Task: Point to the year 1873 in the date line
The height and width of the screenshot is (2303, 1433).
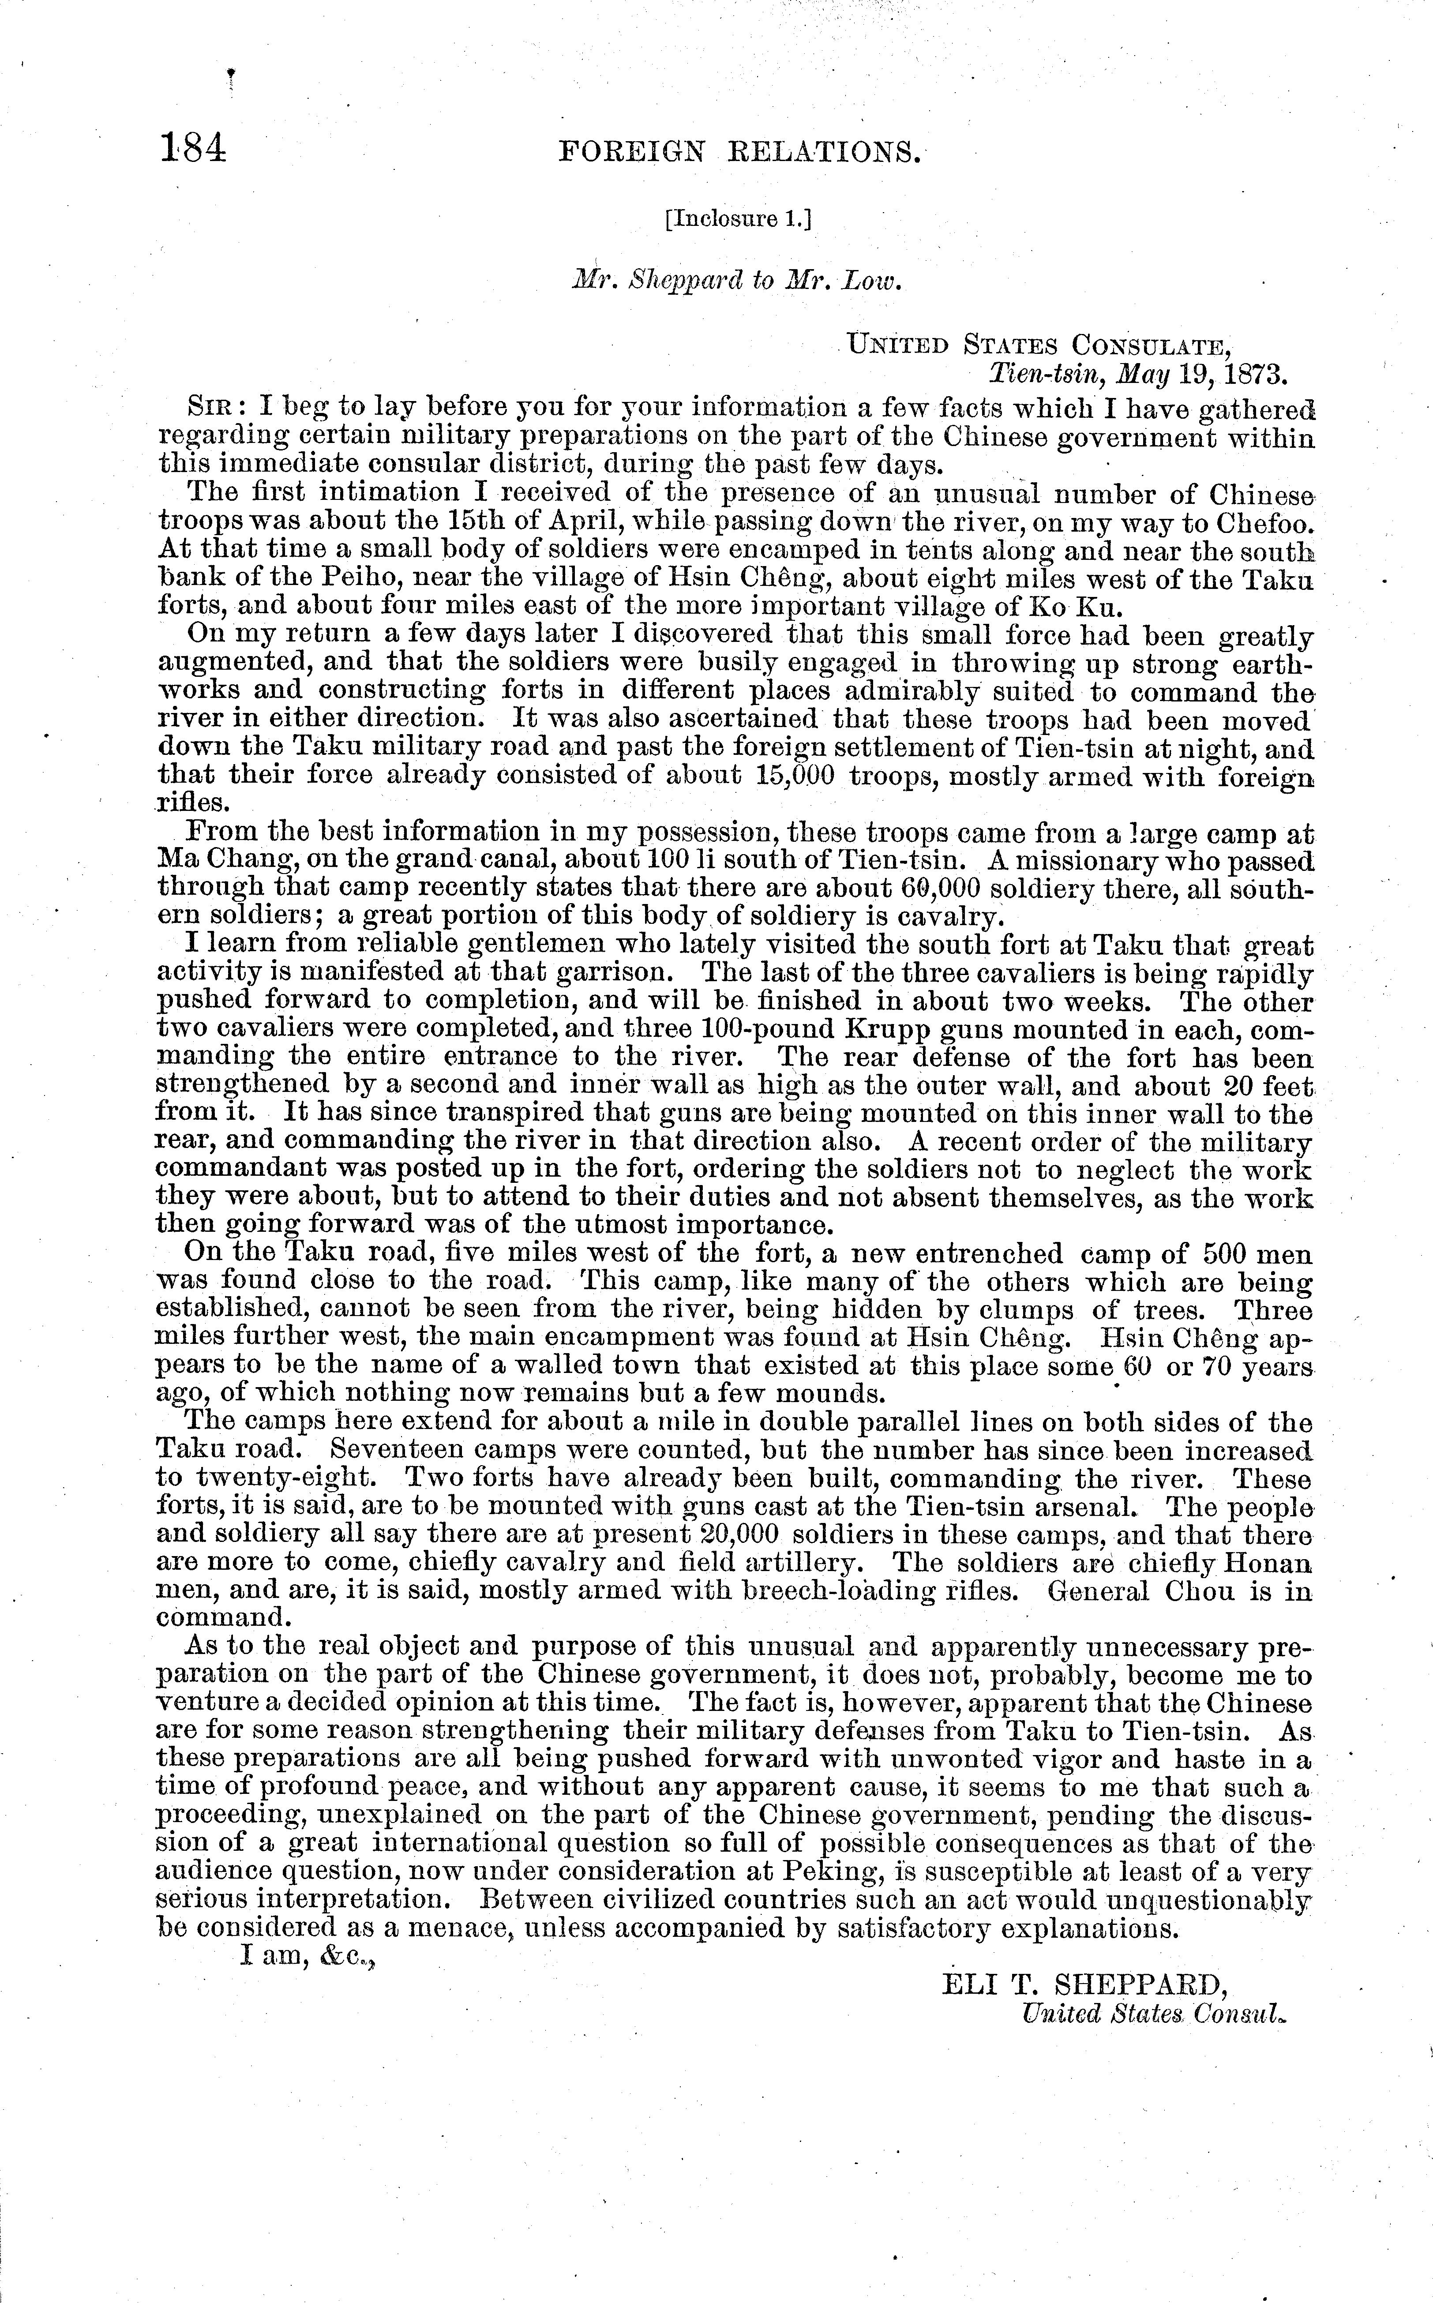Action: click(x=1254, y=373)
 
